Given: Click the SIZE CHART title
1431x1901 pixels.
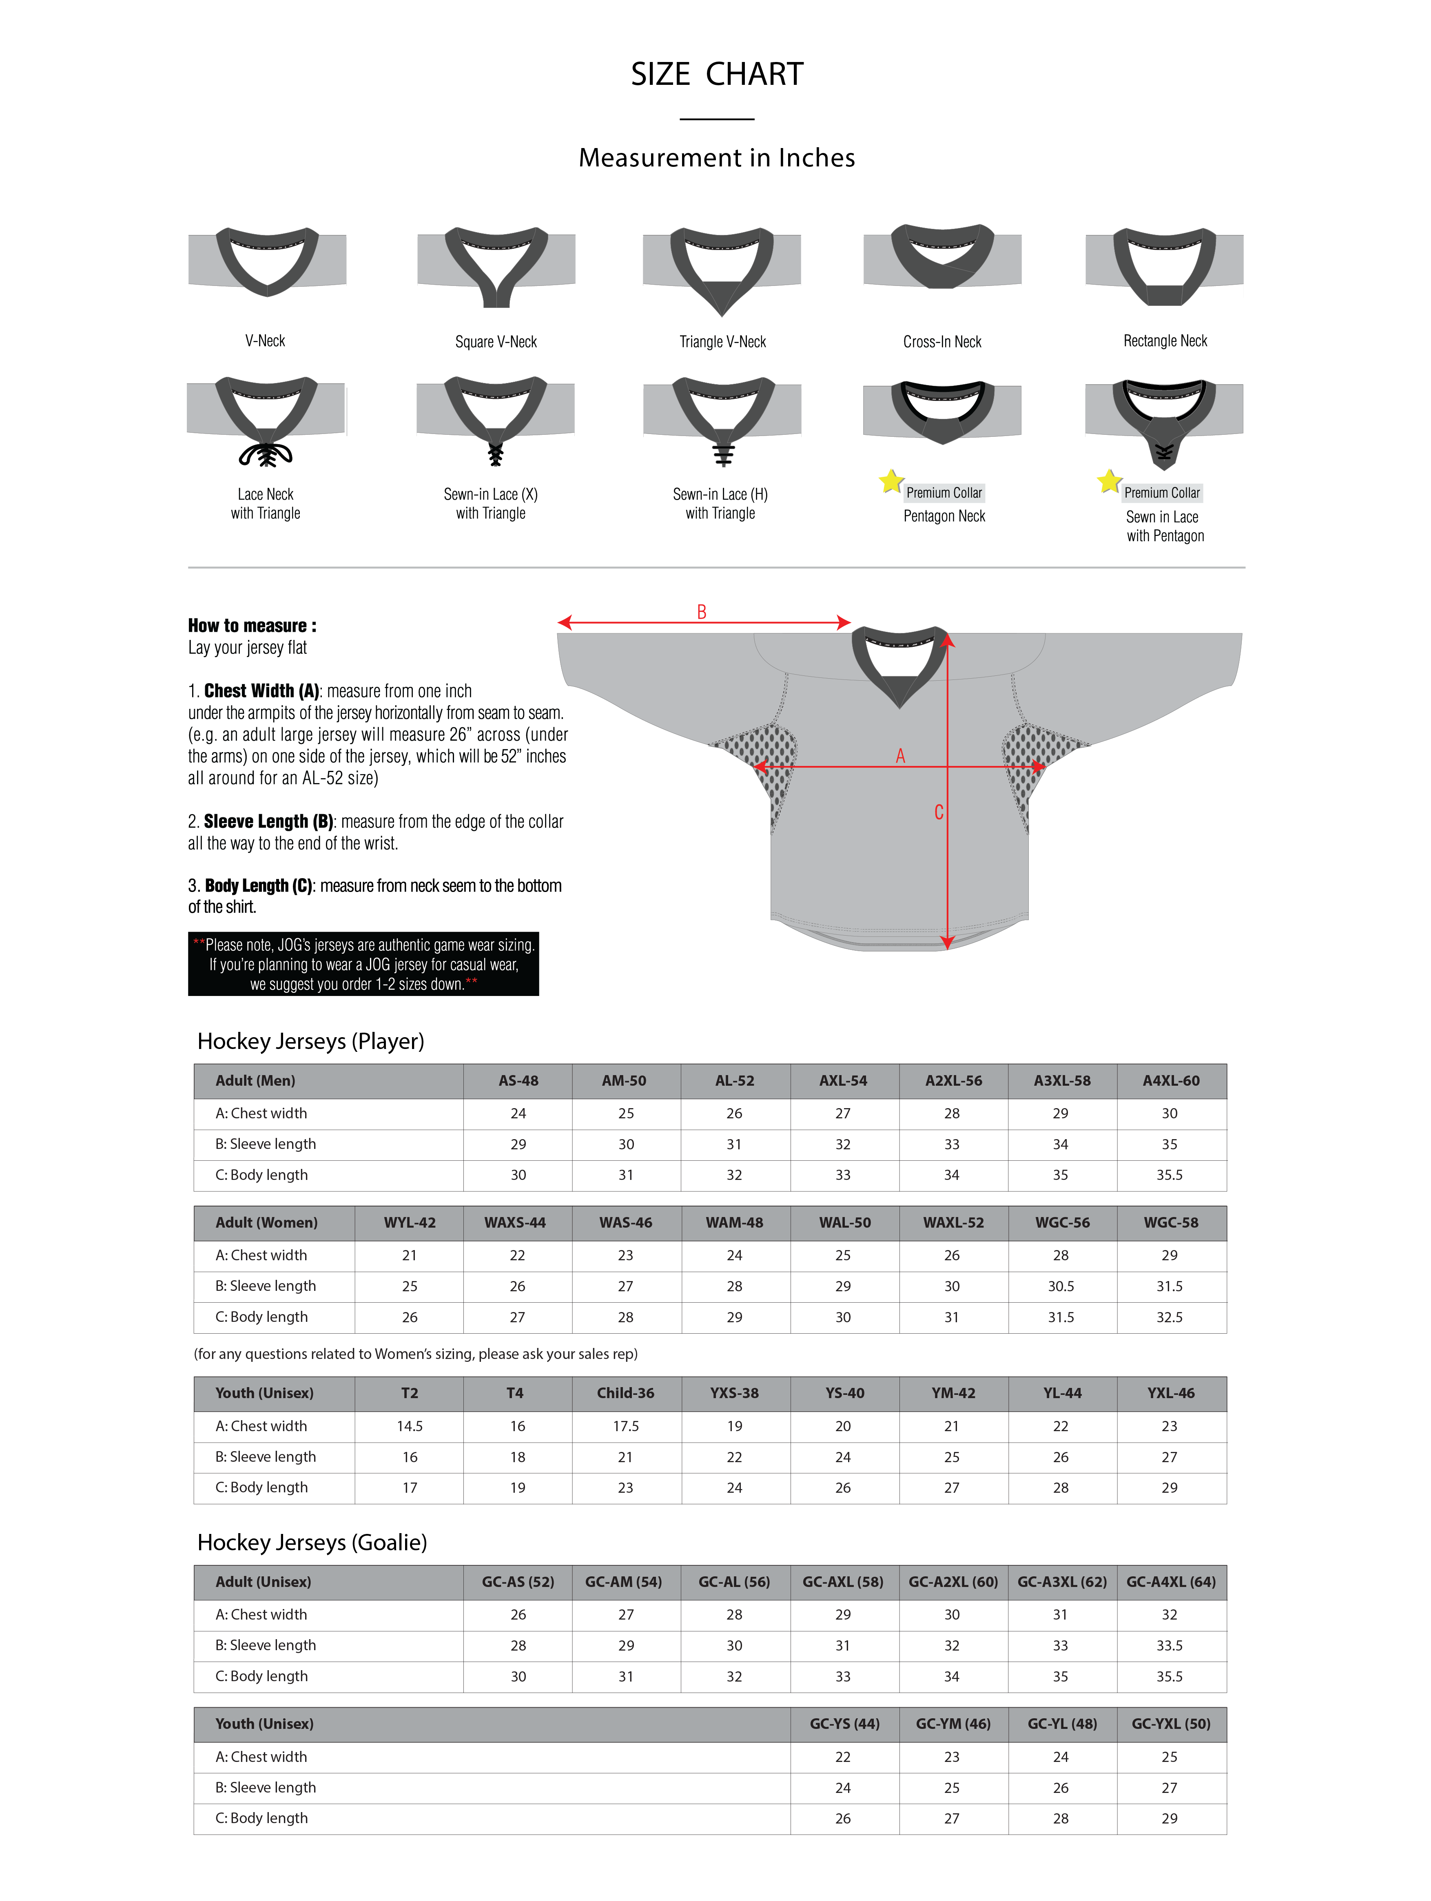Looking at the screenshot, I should coord(717,75).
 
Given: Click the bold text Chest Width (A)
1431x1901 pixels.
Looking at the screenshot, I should coord(261,691).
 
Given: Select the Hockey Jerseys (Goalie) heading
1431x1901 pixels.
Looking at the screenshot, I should coord(312,1542).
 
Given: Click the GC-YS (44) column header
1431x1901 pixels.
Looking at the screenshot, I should coord(844,1724).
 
